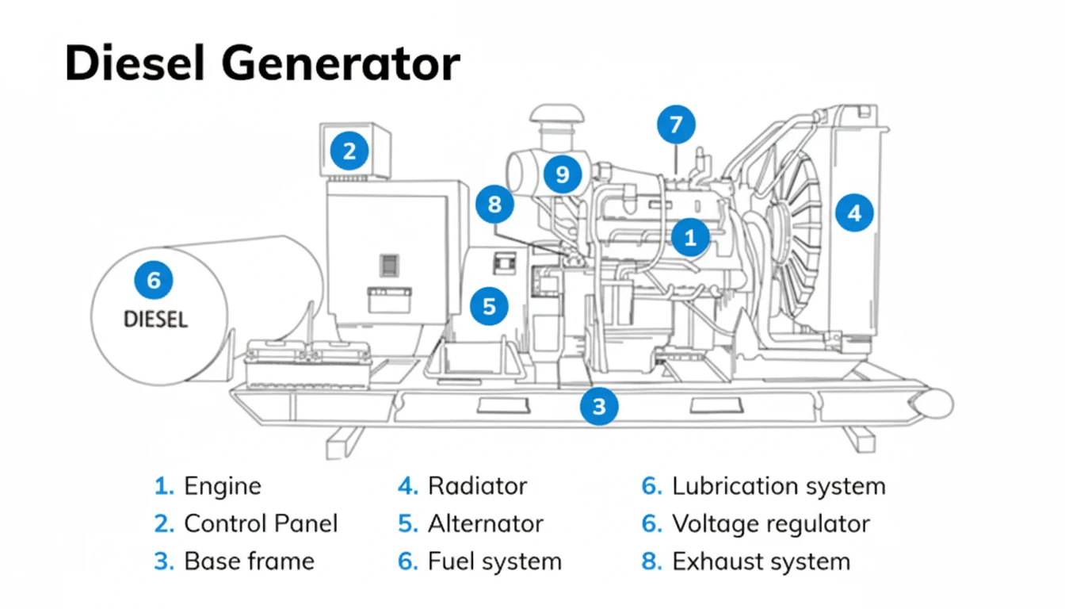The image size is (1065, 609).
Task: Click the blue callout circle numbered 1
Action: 690,236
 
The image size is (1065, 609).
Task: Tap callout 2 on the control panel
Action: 349,149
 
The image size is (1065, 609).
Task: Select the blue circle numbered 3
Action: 599,406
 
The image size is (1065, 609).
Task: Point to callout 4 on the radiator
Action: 853,213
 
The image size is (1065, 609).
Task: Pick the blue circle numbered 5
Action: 489,305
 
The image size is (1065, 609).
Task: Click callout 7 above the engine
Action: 675,125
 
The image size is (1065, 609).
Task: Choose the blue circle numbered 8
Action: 495,205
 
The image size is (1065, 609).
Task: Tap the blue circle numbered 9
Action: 562,173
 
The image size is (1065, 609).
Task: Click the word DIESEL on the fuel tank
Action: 156,320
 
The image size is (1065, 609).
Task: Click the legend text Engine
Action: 222,486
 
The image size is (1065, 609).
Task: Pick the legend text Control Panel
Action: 261,523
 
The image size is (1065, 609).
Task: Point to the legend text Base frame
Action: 249,561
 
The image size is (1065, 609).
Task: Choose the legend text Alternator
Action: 485,523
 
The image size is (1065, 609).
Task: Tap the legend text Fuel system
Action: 494,561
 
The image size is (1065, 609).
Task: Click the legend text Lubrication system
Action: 778,486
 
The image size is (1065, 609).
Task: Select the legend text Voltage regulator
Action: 770,523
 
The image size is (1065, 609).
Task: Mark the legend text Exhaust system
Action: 761,561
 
